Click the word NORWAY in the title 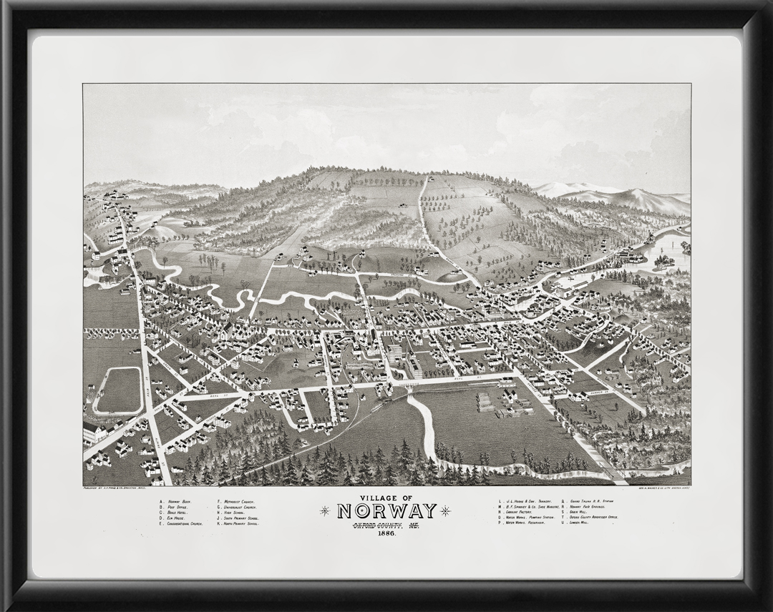(x=386, y=511)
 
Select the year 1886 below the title (x=386, y=533)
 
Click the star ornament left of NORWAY (x=326, y=510)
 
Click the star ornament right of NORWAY (x=447, y=510)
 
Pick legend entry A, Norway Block (x=177, y=502)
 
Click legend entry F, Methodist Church (x=236, y=502)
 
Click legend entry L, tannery (x=522, y=502)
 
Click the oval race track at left (x=118, y=391)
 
